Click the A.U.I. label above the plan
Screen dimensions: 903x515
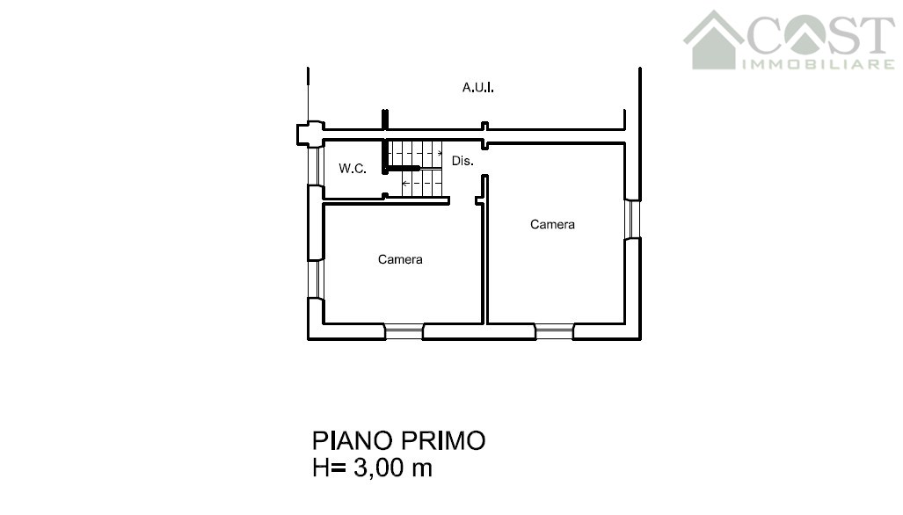[478, 88]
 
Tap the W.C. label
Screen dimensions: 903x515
[353, 169]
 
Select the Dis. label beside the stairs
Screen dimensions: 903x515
[462, 161]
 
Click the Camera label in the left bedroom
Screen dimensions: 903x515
[400, 259]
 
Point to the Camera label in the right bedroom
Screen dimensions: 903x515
[552, 224]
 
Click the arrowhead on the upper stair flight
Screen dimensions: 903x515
[440, 153]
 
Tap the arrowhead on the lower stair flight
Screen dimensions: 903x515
[404, 184]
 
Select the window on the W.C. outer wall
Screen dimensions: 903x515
[315, 166]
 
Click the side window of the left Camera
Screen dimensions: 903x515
[315, 279]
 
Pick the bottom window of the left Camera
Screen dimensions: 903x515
[404, 331]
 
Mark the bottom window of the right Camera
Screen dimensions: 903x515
[555, 331]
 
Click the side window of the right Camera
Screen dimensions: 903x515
[633, 219]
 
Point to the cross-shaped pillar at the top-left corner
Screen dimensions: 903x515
[310, 134]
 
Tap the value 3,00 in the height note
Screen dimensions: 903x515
[379, 468]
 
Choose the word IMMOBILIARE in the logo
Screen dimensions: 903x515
[819, 64]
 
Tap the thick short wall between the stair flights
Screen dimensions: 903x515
[402, 168]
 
